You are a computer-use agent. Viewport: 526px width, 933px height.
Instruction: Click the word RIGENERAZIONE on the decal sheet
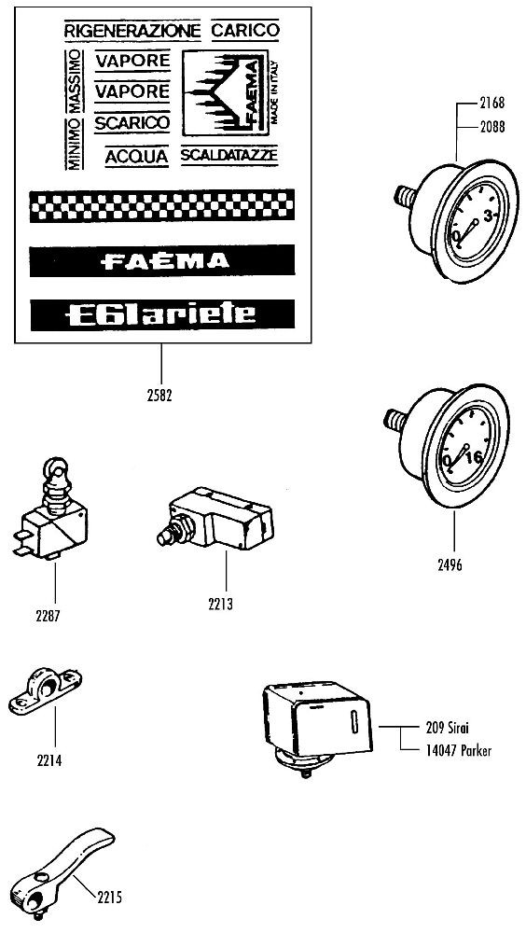click(132, 30)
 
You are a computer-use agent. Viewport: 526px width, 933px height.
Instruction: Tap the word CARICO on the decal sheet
click(245, 30)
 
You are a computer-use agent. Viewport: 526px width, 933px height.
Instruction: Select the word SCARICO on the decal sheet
click(132, 123)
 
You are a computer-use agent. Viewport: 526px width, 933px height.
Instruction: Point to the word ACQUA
click(137, 157)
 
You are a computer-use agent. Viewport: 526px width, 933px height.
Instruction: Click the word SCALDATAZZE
click(229, 155)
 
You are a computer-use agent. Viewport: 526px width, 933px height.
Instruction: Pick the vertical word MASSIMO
click(75, 81)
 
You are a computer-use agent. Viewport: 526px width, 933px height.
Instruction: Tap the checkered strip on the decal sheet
click(162, 205)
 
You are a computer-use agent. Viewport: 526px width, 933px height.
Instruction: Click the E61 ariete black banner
click(162, 314)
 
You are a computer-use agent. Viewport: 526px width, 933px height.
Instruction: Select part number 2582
click(159, 396)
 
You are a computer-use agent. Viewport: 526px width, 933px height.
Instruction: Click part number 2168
click(492, 103)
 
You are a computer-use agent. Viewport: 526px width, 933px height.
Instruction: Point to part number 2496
click(450, 564)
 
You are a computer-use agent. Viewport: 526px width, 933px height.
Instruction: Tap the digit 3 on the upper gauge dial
click(489, 216)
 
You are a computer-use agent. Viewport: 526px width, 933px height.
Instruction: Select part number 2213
click(221, 604)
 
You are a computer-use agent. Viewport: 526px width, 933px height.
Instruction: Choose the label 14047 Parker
click(459, 751)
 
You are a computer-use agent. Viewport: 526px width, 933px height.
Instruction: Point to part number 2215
click(109, 897)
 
